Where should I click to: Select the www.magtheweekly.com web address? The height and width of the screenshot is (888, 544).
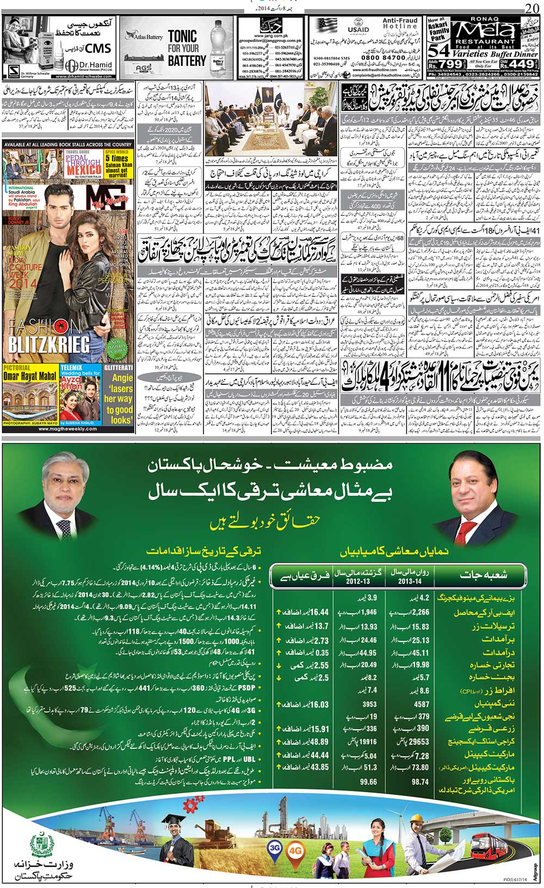tap(69, 429)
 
